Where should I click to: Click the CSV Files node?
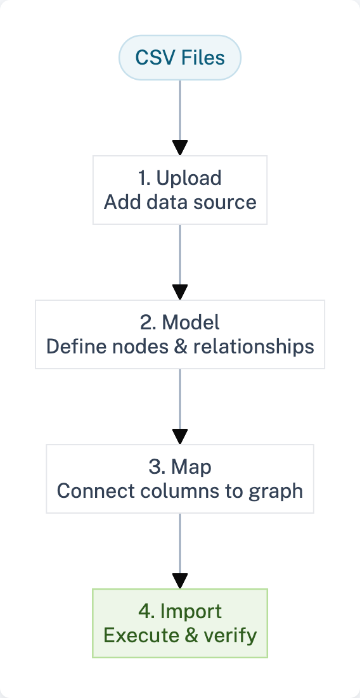(x=180, y=58)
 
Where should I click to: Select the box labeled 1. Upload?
(x=180, y=190)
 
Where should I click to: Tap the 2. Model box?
(x=180, y=334)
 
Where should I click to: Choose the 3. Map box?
(x=180, y=479)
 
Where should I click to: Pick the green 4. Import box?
(x=180, y=623)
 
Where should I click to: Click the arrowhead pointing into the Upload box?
(x=180, y=148)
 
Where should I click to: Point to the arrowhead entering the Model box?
(x=180, y=293)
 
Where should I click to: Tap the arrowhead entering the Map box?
(x=180, y=437)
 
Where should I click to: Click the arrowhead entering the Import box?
(x=180, y=581)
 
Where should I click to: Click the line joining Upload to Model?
(x=180, y=253)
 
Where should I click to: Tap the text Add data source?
(x=180, y=202)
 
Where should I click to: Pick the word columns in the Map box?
(x=174, y=491)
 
